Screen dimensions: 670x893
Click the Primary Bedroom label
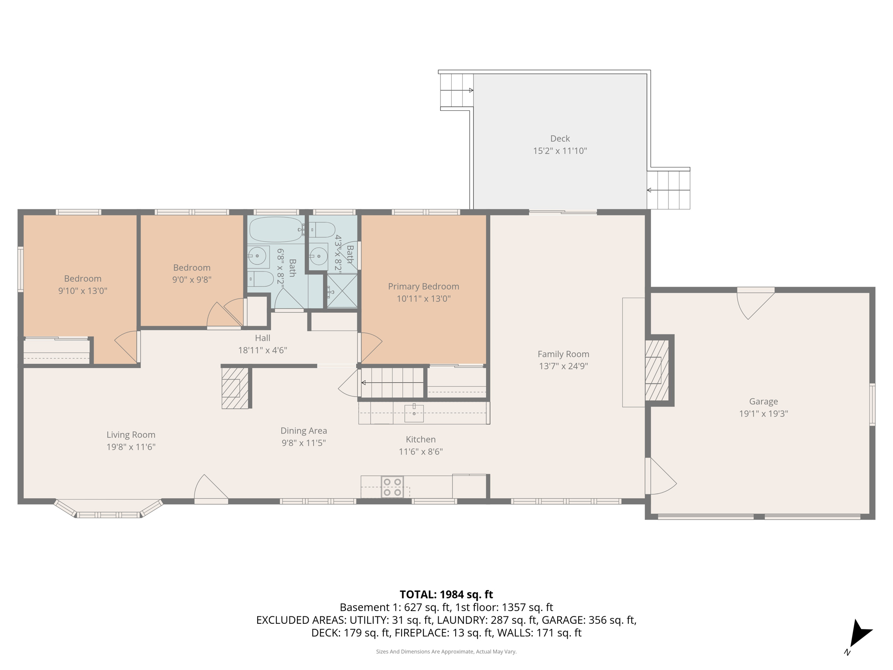coord(423,287)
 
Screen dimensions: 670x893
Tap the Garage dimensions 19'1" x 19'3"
coord(763,414)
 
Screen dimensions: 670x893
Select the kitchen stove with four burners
coord(392,487)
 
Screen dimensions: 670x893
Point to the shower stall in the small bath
coord(342,291)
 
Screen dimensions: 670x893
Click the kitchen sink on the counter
coord(414,413)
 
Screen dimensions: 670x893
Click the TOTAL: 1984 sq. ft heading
coord(446,595)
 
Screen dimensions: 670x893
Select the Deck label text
coord(560,139)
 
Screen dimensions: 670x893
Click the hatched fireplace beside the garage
coord(657,370)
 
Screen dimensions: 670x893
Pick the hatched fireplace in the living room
coord(235,388)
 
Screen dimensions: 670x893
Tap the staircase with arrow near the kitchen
coord(392,383)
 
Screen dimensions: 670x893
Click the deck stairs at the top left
coord(456,90)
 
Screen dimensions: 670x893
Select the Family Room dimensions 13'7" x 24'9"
coord(563,366)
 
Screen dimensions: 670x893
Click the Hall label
coord(262,338)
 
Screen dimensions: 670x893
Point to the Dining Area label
coord(303,431)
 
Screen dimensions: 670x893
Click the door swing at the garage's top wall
coord(753,302)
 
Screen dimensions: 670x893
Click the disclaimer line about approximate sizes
coord(446,652)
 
